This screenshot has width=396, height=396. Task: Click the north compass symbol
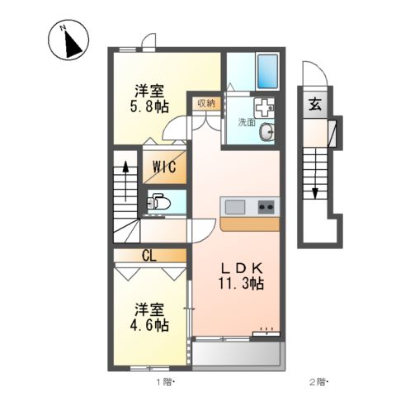tap(70, 41)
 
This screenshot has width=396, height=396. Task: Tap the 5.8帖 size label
tap(148, 106)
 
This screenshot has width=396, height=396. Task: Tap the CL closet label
tap(150, 255)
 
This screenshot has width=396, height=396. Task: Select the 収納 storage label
tap(205, 103)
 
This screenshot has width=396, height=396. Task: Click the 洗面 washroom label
tap(247, 122)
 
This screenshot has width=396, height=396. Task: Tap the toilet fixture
tap(158, 201)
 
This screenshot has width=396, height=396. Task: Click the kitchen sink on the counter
tap(233, 206)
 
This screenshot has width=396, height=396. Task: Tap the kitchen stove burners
tap(266, 206)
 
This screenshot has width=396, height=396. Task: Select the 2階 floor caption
tap(318, 382)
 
